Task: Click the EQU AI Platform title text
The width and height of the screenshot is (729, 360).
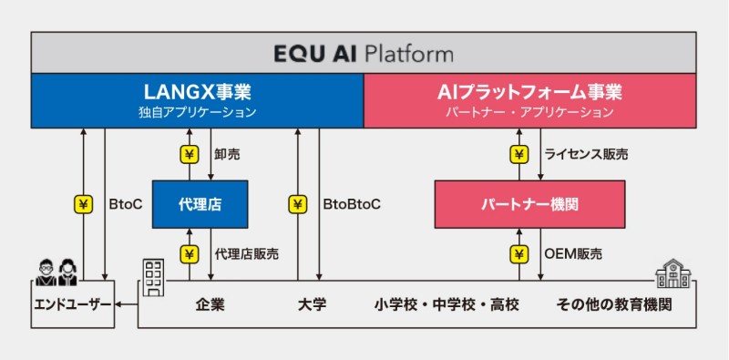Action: (363, 54)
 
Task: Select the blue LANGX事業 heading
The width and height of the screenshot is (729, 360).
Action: (197, 92)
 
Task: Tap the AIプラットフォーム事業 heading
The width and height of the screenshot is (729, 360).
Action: (529, 92)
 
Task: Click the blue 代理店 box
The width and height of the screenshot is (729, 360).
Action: (200, 204)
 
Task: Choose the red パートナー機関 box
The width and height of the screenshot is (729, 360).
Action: (529, 204)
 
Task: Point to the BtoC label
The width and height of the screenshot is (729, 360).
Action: (126, 205)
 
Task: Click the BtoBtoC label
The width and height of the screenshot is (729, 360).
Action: (351, 205)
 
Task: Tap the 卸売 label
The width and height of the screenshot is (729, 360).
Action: (227, 155)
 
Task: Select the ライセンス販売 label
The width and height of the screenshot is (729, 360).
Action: (586, 155)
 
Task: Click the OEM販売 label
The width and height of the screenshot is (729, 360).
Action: (573, 254)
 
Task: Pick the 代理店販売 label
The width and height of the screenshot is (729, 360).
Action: (246, 254)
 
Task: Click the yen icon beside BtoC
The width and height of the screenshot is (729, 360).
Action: (84, 205)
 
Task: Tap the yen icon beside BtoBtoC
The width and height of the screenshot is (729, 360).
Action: (298, 205)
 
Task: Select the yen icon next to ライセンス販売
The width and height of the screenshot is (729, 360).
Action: (519, 155)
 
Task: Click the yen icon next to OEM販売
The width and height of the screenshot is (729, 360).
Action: (519, 254)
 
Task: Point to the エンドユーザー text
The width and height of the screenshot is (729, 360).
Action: (73, 305)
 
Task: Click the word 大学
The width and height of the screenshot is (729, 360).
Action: (312, 305)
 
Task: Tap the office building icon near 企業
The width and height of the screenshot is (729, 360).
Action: (152, 278)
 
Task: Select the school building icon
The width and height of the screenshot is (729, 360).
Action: (673, 274)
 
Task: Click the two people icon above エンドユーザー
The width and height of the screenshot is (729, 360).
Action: (57, 273)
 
